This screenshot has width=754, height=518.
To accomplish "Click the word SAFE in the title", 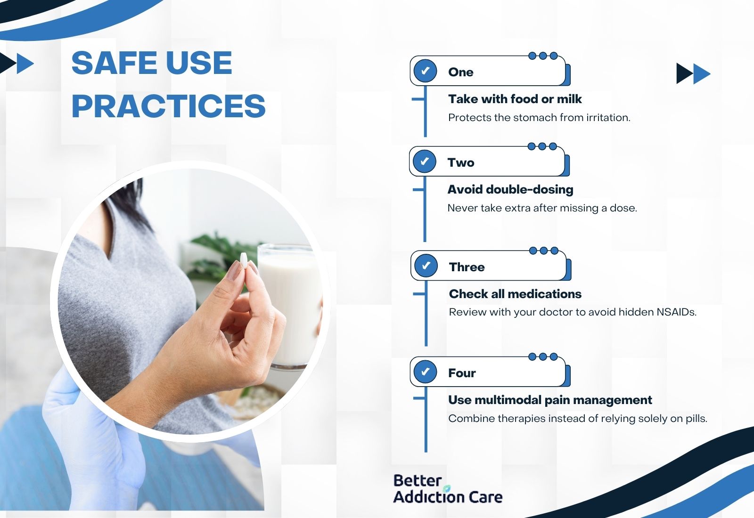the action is (114, 63).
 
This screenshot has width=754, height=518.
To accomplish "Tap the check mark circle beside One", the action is (425, 71).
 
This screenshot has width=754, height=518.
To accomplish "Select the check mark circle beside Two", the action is (425, 162).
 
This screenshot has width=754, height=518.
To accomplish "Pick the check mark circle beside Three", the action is (426, 266).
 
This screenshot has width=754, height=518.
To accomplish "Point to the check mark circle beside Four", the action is (425, 372).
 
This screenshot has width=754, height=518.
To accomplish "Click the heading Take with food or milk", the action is (515, 99).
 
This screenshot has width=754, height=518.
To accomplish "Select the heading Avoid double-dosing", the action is (510, 190).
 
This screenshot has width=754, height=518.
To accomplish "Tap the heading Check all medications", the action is (515, 294).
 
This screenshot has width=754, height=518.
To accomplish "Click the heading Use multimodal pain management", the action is (550, 400).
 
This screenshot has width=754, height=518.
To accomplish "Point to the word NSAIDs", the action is (676, 312).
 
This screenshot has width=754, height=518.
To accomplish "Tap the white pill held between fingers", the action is (243, 261).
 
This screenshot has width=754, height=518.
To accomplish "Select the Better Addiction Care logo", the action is (448, 489).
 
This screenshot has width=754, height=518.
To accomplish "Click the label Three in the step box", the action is (467, 267).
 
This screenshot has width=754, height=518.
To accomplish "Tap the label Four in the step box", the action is (462, 373).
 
